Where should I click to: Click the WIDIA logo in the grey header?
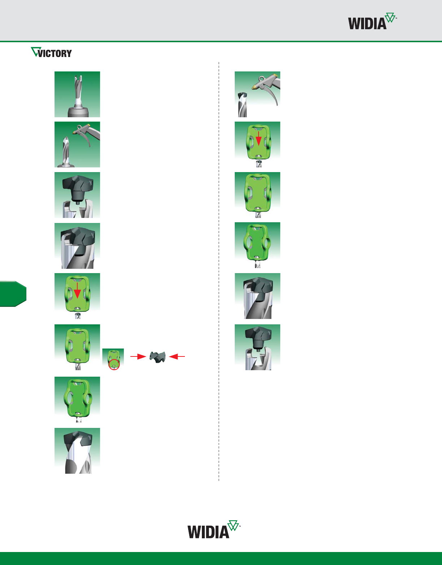pos(372,21)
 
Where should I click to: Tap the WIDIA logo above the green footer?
pos(214,529)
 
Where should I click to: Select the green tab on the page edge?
pos(13,294)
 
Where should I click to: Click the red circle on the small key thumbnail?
pos(114,364)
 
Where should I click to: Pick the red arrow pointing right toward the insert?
pos(138,356)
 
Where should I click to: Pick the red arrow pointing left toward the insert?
pos(177,356)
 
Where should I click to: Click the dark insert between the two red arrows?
pos(157,357)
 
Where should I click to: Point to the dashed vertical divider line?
pos(219,271)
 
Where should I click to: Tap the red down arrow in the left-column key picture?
pos(77,291)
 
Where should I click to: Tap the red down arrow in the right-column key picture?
pos(258,138)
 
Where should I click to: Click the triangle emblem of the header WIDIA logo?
pos(390,17)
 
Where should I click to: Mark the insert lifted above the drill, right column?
pos(258,338)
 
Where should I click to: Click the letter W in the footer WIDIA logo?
pos(195,532)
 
